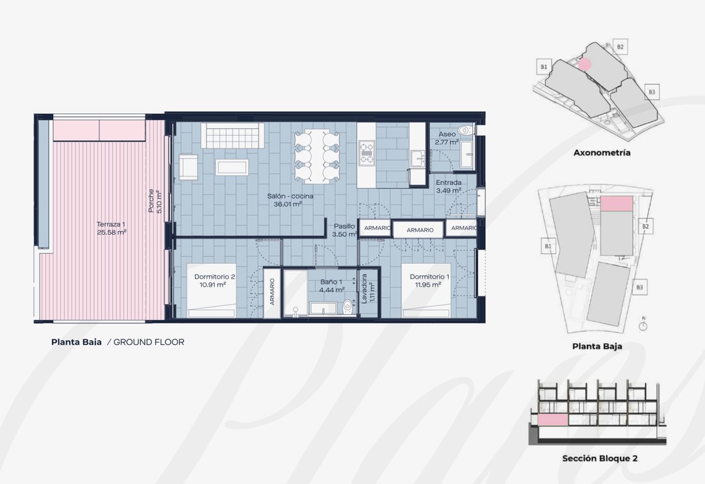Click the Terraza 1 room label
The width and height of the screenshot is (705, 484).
tap(111, 224)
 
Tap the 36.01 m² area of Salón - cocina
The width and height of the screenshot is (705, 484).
tap(288, 204)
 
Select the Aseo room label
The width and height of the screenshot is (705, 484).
tap(447, 134)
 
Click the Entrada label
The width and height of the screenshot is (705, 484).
tap(448, 182)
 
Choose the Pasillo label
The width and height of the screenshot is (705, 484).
tap(344, 226)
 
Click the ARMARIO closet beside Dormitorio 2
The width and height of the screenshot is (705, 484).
tap(272, 292)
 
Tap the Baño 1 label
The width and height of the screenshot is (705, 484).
tap(331, 282)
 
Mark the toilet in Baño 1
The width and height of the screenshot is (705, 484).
tap(347, 307)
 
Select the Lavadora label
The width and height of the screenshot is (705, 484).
tap(364, 288)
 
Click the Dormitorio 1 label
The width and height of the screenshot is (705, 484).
tap(429, 277)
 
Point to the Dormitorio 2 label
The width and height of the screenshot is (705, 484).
tap(215, 277)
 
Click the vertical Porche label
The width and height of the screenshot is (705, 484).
tap(151, 200)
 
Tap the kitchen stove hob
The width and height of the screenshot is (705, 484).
tap(367, 152)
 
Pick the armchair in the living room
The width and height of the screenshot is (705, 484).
tap(188, 167)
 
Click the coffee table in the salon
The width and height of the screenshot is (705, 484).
tap(231, 167)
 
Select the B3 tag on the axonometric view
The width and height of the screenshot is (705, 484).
tap(652, 92)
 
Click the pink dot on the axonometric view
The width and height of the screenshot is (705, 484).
tap(584, 65)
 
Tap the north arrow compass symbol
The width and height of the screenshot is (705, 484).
tap(643, 325)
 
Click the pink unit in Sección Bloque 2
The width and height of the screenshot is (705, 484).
tap(552, 420)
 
